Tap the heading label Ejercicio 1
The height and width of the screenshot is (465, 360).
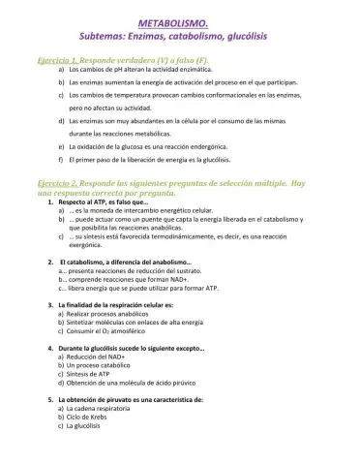[54, 60]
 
